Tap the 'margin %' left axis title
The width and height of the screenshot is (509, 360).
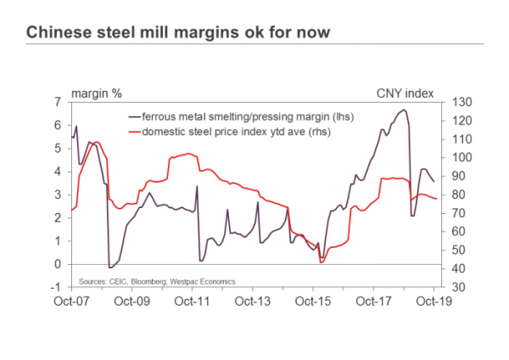tap(96, 92)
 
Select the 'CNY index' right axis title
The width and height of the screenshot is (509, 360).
tap(402, 92)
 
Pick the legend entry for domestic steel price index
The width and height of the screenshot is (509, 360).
tap(235, 132)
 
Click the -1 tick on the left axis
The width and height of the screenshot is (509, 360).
tap(57, 287)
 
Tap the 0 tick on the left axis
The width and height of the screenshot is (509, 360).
tap(59, 264)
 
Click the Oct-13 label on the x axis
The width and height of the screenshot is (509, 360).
tap(252, 301)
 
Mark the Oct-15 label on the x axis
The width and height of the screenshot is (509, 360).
tap(312, 301)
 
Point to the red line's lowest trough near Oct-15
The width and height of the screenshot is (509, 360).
tap(322, 262)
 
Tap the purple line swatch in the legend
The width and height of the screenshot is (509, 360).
tap(134, 115)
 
